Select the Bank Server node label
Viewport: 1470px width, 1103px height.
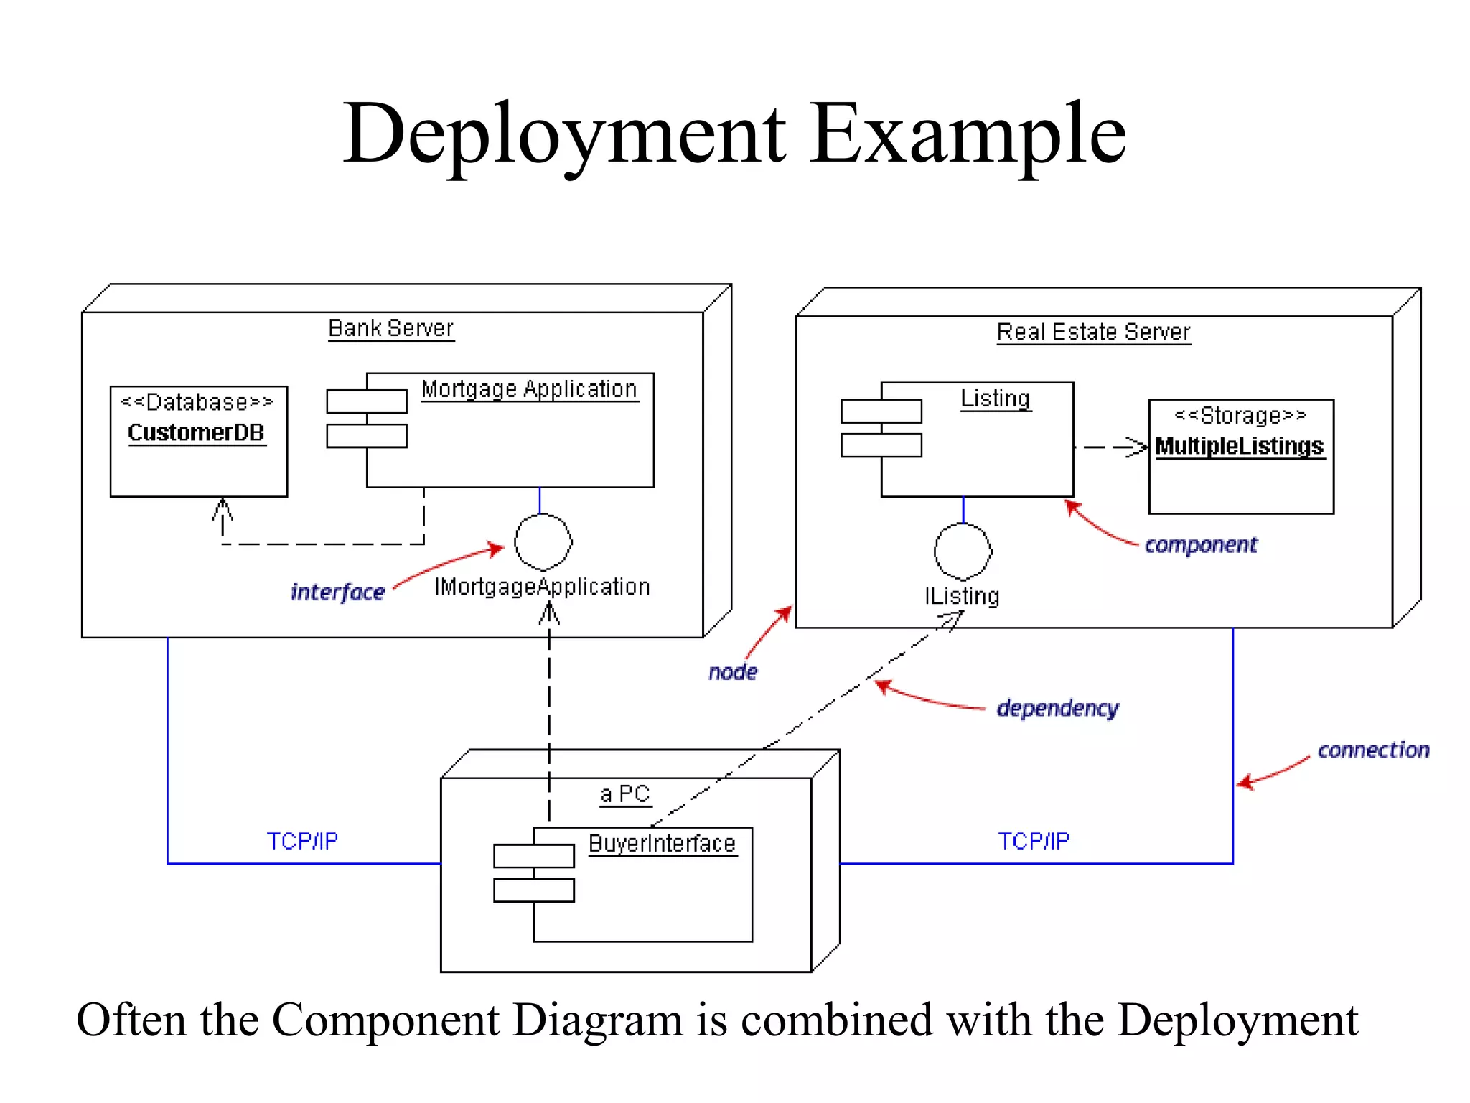390,328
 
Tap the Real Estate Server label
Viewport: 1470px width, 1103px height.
1093,332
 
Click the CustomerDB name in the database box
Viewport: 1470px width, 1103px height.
197,432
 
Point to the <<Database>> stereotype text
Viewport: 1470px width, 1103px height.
197,402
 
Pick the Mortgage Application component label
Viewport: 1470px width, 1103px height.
529,389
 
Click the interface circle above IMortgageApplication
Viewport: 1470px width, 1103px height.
543,542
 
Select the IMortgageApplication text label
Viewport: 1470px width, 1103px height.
542,587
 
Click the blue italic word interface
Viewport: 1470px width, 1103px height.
337,592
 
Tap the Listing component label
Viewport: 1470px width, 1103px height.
996,399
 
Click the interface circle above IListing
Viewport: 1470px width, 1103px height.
963,551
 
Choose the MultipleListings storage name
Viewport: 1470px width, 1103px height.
1240,446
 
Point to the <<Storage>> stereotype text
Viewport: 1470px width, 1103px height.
1240,415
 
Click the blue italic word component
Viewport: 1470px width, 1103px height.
1201,545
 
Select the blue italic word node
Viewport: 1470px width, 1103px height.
732,672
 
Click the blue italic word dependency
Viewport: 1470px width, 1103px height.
1057,708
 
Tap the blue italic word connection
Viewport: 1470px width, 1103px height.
1373,750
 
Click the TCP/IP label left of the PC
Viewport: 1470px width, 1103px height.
302,841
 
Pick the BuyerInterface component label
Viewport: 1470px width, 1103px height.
662,843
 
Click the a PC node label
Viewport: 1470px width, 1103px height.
624,793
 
